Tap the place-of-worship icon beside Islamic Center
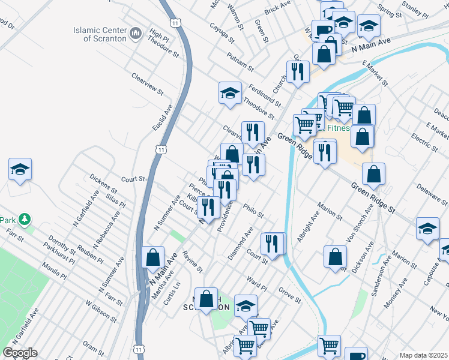tap(135, 31)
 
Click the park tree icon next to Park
tap(25, 220)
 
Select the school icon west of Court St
tap(20, 169)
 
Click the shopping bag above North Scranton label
tap(206, 298)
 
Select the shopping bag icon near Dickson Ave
tap(335, 256)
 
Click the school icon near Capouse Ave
tap(427, 229)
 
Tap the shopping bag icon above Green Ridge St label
tap(373, 174)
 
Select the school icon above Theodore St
tap(229, 93)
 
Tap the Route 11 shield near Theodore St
tap(175, 22)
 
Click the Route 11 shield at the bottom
tap(139, 348)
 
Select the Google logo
tap(20, 353)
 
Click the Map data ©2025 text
tap(423, 355)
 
